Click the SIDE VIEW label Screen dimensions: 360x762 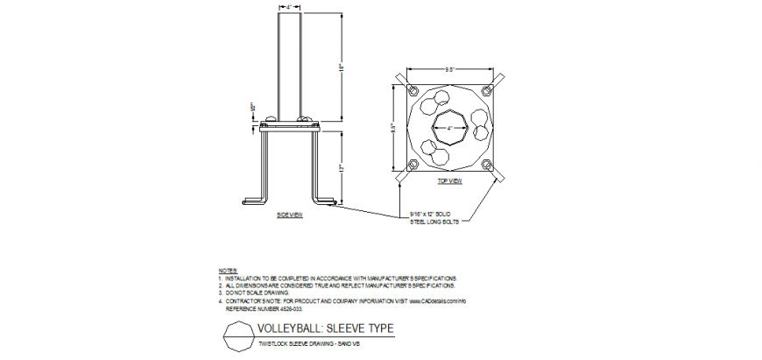click(x=289, y=215)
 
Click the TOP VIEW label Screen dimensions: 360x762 click(x=449, y=180)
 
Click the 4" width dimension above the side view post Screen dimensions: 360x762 click(x=289, y=6)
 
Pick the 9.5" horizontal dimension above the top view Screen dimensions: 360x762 click(x=449, y=67)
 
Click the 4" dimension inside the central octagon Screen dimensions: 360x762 click(x=449, y=128)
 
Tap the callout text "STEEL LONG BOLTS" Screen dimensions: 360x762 click(x=434, y=222)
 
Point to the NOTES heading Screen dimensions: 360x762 click(x=227, y=271)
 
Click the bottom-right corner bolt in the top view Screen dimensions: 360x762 click(x=487, y=165)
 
